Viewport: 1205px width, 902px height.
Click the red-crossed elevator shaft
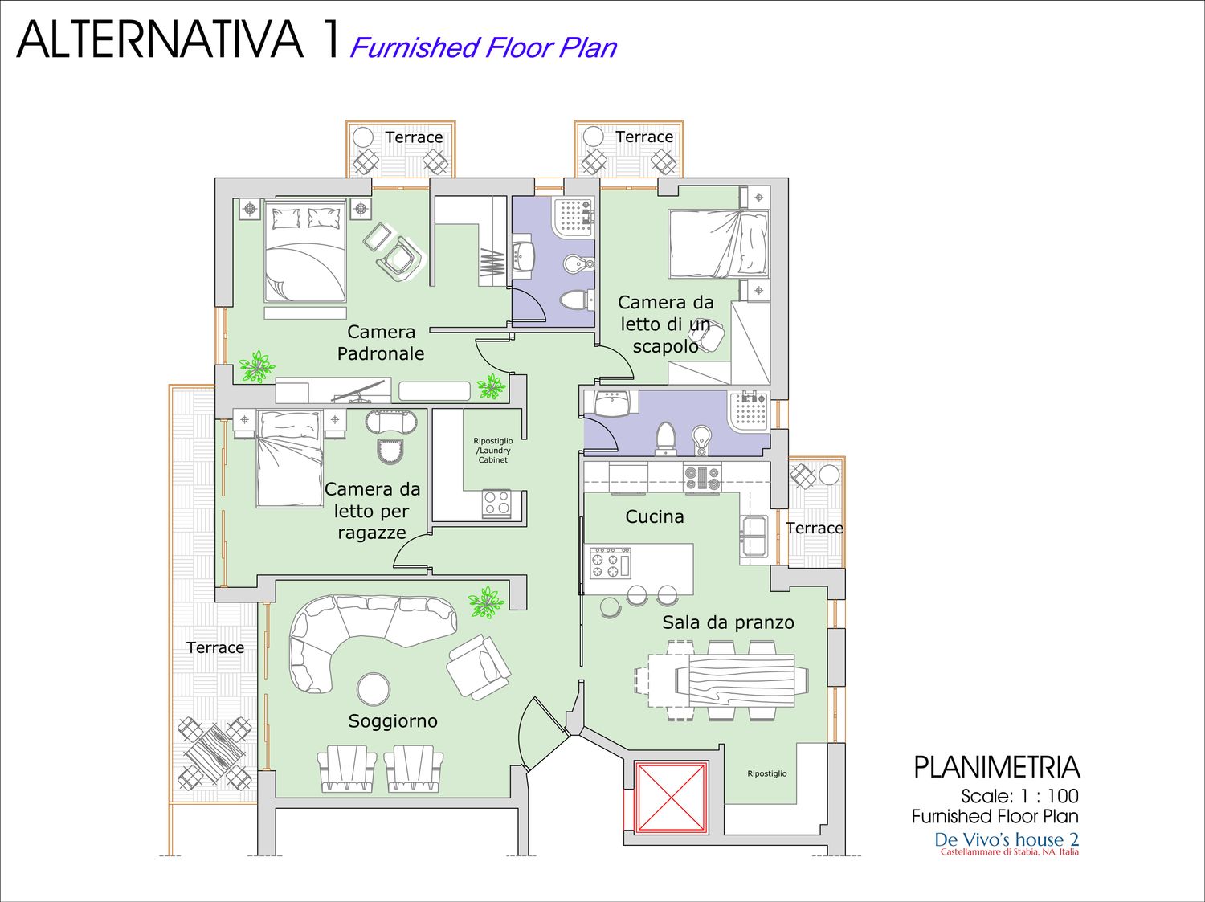click(x=672, y=797)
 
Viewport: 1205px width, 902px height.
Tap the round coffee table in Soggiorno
click(x=374, y=688)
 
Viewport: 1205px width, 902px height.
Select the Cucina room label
click(x=655, y=516)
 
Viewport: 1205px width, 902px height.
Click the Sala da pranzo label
click(x=728, y=622)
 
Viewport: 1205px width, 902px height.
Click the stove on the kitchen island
click(x=610, y=563)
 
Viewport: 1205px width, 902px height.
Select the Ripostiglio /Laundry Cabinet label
click(x=493, y=451)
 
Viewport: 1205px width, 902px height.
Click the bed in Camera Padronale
click(x=305, y=250)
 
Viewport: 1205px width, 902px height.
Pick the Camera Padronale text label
click(x=381, y=342)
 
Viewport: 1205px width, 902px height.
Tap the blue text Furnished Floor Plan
click(x=483, y=47)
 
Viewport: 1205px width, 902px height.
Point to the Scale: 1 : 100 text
click(x=1019, y=796)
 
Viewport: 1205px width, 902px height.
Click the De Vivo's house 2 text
click(x=1007, y=839)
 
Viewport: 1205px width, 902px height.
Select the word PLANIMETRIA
click(x=997, y=768)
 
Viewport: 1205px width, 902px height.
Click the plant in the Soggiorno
click(x=486, y=602)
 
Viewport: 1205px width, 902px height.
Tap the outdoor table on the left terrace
click(x=215, y=753)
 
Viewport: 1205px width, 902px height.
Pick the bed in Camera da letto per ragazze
click(x=288, y=459)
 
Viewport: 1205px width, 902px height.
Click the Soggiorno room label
click(x=393, y=721)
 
